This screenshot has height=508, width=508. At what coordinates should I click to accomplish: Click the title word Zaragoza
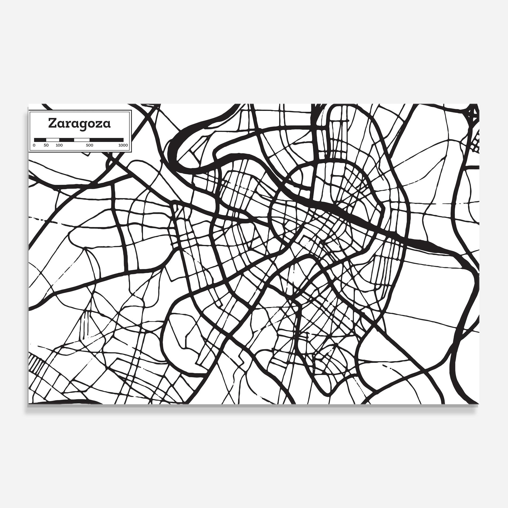79,124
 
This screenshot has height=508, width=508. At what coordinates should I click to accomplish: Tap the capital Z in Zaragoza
52,123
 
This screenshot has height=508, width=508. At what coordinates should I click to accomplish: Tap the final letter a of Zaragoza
107,124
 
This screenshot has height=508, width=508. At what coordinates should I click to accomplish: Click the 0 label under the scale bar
34,145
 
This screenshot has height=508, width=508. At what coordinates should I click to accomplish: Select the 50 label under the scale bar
46,145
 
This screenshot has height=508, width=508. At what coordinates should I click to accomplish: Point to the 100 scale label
59,145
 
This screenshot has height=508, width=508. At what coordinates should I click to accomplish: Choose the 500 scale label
90,145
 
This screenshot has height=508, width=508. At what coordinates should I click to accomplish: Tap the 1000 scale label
123,145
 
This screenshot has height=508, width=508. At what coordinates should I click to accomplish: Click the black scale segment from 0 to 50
40,140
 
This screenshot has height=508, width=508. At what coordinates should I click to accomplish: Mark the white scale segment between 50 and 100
53,140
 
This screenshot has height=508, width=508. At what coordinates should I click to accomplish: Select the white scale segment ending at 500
82,140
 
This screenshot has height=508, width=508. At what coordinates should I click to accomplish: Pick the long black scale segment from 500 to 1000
106,140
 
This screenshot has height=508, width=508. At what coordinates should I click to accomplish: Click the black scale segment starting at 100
67,140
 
